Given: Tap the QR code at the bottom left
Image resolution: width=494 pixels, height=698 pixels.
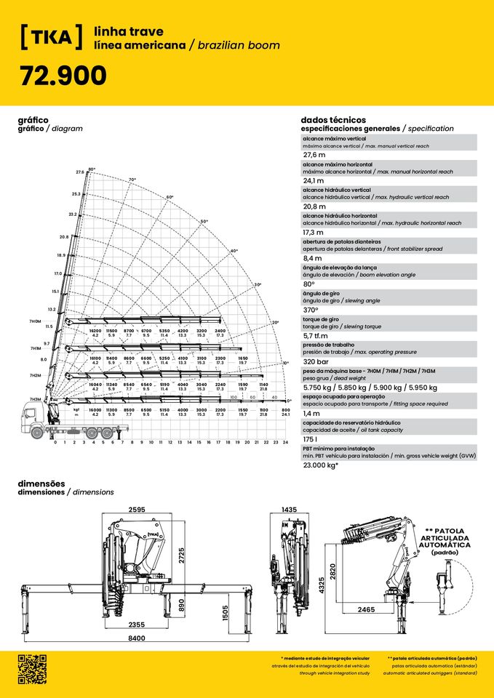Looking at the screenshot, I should point(31,669).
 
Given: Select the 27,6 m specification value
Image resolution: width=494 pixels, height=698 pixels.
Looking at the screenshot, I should point(314,155).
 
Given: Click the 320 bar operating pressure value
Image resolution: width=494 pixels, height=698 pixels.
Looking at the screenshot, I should point(316,361).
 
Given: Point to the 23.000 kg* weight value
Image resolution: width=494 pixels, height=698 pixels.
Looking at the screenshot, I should point(321,465).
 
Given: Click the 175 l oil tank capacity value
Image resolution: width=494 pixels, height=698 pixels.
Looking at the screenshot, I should point(311,439).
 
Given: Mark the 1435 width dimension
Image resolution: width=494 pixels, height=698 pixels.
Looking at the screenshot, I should point(290,510).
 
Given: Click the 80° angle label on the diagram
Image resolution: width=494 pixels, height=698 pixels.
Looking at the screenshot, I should point(91,169).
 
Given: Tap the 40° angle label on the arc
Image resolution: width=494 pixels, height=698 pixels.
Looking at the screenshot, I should point(234,251).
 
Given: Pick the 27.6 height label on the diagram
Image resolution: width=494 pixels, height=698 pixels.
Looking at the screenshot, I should point(80,172).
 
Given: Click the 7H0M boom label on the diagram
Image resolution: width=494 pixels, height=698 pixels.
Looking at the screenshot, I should point(35,321).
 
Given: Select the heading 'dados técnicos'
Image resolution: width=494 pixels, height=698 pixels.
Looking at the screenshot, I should point(332,120).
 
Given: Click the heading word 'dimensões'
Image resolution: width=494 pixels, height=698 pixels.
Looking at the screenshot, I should point(41,484).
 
